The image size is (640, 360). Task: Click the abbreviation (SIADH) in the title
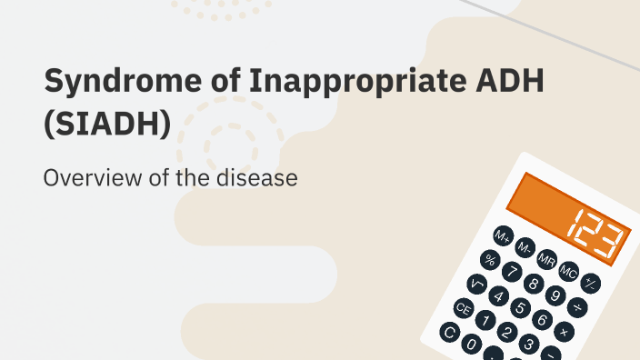[106, 124]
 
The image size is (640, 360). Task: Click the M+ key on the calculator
[503, 236]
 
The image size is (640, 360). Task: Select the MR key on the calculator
[546, 260]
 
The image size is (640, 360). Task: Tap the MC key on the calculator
[569, 272]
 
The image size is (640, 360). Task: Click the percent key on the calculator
[490, 260]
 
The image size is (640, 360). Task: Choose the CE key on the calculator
[464, 308]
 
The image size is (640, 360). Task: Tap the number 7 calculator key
[512, 272]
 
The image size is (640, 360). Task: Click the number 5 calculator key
[520, 308]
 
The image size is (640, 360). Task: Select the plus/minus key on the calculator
[591, 283]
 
